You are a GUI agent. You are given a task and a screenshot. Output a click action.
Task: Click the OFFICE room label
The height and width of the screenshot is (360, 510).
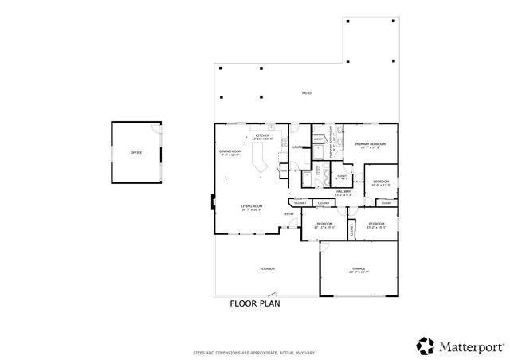136,152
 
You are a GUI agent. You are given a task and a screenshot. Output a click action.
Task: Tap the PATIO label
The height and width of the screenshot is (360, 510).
306,94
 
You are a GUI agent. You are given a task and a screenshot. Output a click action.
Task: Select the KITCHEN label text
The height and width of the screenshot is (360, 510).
262,135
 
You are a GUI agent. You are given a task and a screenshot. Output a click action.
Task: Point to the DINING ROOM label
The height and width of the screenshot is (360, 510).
230,151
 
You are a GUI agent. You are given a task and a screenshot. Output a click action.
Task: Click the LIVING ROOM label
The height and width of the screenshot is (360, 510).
253,207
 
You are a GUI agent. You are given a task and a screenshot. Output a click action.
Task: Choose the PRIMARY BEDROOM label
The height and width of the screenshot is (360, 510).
370,144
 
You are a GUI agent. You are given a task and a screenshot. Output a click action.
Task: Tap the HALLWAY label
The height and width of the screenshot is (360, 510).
343,191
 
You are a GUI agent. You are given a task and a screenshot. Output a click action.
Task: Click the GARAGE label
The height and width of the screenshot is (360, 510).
359,269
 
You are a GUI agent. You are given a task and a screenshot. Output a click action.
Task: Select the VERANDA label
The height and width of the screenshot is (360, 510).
267,269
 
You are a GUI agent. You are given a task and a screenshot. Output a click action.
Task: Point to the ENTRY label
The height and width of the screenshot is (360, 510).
289,213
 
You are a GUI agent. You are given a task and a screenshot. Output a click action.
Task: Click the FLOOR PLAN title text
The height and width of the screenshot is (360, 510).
255,303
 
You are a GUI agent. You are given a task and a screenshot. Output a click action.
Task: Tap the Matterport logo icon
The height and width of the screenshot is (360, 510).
424,345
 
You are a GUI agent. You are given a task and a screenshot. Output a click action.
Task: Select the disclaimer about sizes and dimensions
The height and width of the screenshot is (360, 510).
254,352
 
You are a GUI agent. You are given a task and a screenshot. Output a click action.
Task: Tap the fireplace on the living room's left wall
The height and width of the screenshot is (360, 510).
212,203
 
